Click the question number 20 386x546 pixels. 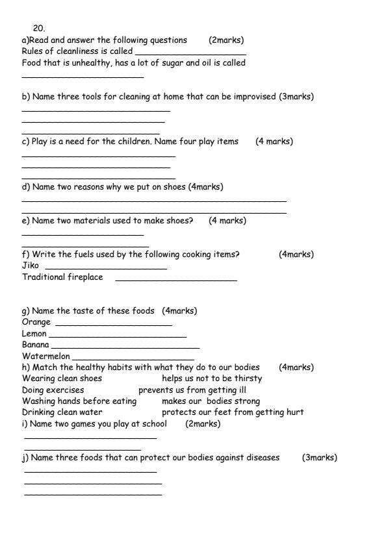point(38,29)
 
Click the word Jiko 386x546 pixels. point(31,266)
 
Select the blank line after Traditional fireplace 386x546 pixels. point(175,280)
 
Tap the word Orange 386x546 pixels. point(36,322)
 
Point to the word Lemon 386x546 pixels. point(34,334)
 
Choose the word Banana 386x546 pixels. point(36,345)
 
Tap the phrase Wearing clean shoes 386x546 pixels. point(62,378)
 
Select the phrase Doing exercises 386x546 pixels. point(53,390)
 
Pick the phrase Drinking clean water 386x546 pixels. point(62,412)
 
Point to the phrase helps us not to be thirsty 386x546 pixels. point(212,378)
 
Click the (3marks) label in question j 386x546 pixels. point(320,458)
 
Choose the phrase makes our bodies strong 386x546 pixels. point(211,401)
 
